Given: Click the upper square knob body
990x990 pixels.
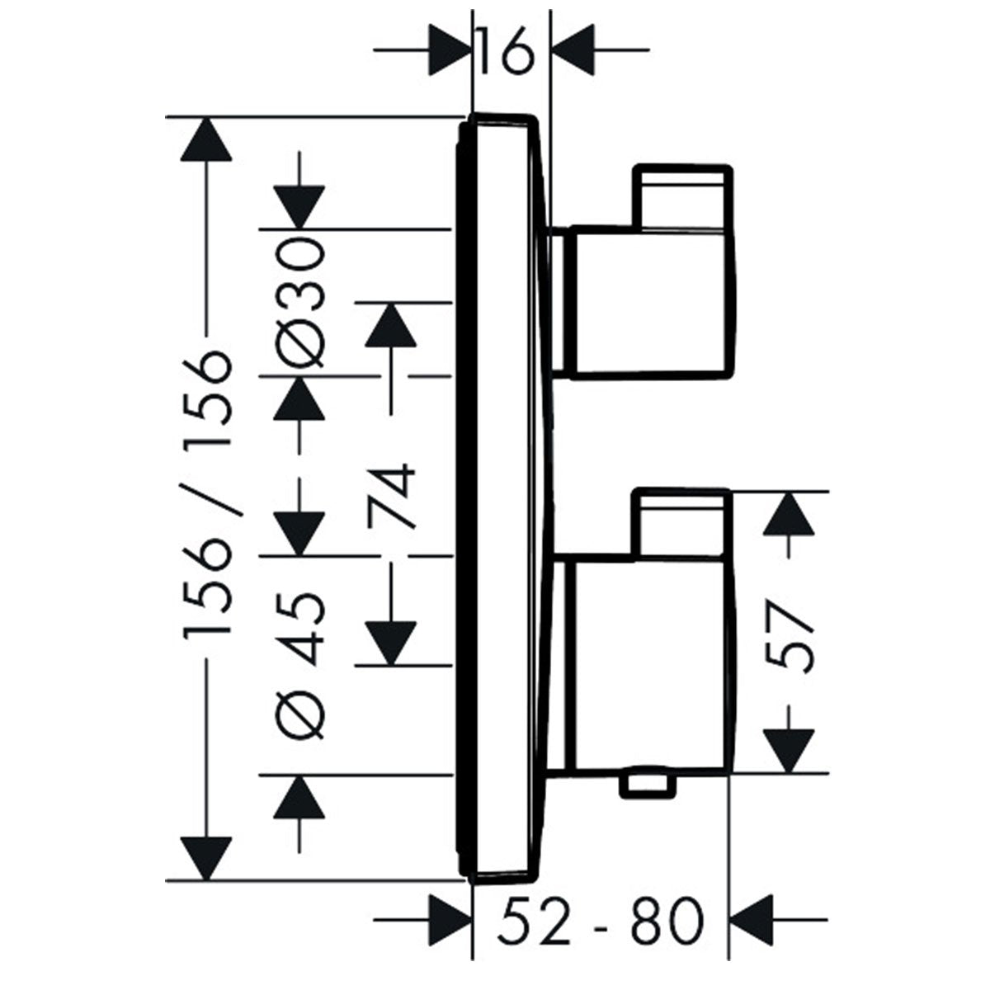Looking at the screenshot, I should click(648, 301).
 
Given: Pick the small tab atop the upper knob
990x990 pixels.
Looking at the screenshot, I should click(681, 196).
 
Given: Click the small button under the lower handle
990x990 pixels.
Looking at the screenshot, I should click(648, 783).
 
